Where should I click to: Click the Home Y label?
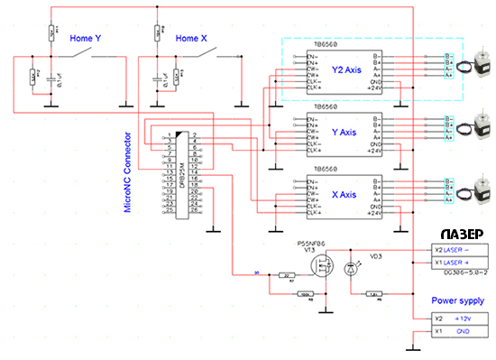pos(86,40)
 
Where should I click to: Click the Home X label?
pos(191,40)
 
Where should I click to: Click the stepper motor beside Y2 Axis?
pos(467,69)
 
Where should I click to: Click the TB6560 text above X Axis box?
pos(326,167)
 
